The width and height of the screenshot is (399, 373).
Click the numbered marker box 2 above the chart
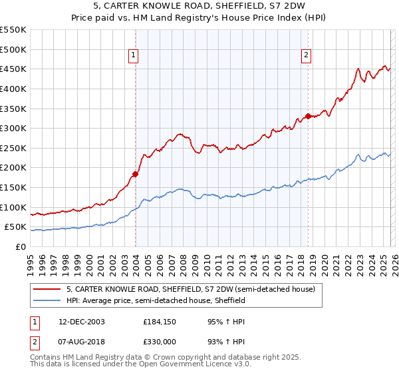click(307, 55)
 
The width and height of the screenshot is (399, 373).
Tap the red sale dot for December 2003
click(135, 174)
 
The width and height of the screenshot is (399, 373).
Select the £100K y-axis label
click(14, 207)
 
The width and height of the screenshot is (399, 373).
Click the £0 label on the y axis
click(21, 246)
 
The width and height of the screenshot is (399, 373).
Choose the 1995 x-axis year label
click(30, 260)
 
